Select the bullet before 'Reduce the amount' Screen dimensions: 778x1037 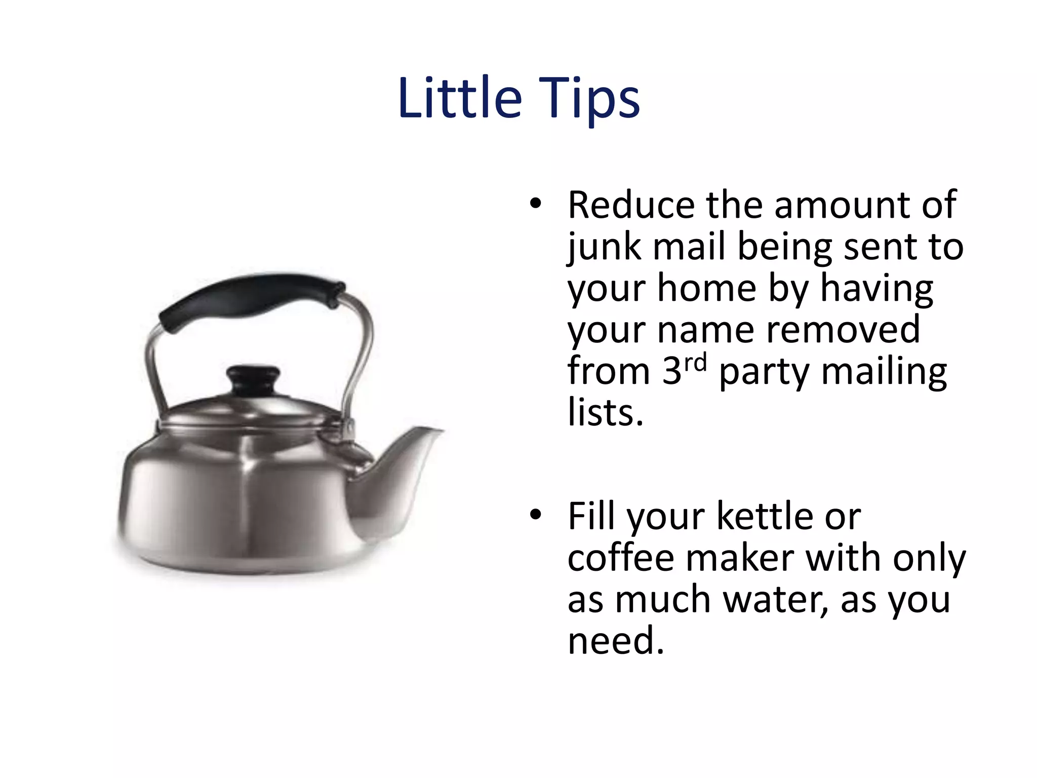pos(536,204)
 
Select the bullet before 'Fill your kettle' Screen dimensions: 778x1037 pos(536,515)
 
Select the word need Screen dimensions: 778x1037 pos(615,641)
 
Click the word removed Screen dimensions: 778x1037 pos(843,330)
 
